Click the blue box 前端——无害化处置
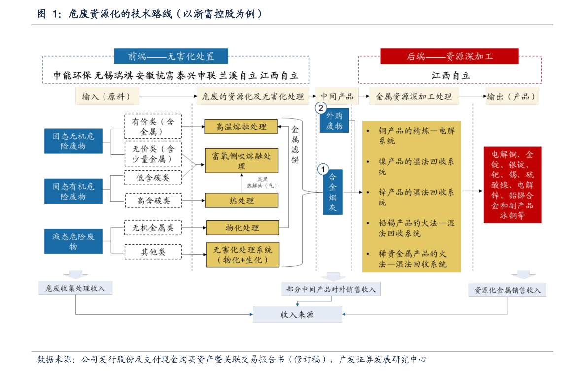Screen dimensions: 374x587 pyautogui.click(x=171, y=56)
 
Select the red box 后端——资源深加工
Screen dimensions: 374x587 pyautogui.click(x=449, y=56)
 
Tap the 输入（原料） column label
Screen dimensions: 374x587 pyautogui.click(x=107, y=97)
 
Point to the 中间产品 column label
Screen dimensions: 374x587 pyautogui.click(x=337, y=97)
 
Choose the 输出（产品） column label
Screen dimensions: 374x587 pyautogui.click(x=511, y=97)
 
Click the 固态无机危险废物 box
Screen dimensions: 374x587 pyautogui.click(x=73, y=140)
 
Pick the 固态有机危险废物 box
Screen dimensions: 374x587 pyautogui.click(x=73, y=191)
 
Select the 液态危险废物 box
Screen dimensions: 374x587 pyautogui.click(x=73, y=241)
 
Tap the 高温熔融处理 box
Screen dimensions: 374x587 pyautogui.click(x=241, y=127)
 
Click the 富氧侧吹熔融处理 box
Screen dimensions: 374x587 pyautogui.click(x=242, y=161)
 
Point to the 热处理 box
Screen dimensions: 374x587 pyautogui.click(x=242, y=201)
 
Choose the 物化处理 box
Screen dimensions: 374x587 pyautogui.click(x=242, y=228)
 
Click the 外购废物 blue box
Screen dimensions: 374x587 pyautogui.click(x=334, y=121)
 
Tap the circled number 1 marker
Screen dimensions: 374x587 pyautogui.click(x=322, y=170)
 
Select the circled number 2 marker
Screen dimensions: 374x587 pyautogui.click(x=321, y=108)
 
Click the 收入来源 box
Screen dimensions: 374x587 pyautogui.click(x=297, y=314)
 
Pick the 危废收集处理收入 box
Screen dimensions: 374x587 pyautogui.click(x=75, y=288)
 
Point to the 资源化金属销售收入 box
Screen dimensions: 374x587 pyautogui.click(x=507, y=290)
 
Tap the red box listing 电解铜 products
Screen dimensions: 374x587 pyautogui.click(x=513, y=185)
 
